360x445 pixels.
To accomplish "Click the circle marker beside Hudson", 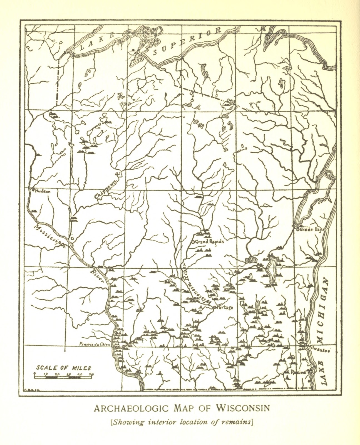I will [33, 190].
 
